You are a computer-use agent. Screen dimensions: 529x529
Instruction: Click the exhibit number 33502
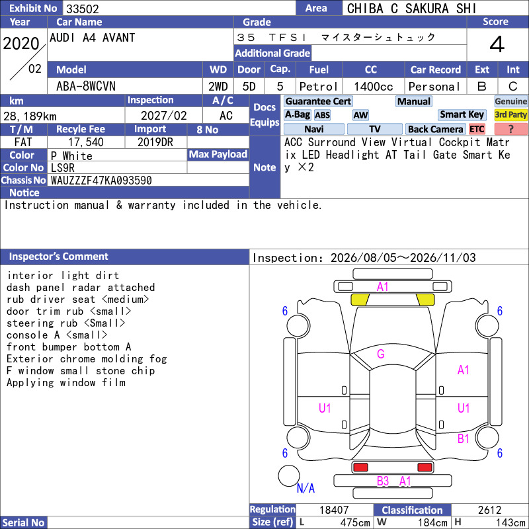82,9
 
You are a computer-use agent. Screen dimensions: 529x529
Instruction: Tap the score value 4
497,44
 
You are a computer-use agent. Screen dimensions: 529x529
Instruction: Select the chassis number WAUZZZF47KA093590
101,181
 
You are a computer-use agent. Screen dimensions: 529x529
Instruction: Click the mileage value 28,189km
30,116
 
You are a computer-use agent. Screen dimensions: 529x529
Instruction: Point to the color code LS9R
62,168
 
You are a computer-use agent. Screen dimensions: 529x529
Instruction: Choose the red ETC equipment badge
477,129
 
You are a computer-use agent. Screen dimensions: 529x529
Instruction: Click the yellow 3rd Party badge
510,114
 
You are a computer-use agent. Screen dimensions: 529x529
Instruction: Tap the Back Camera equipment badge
435,129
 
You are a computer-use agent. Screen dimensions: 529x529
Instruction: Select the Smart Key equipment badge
462,114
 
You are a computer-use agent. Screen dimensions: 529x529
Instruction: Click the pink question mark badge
510,129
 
